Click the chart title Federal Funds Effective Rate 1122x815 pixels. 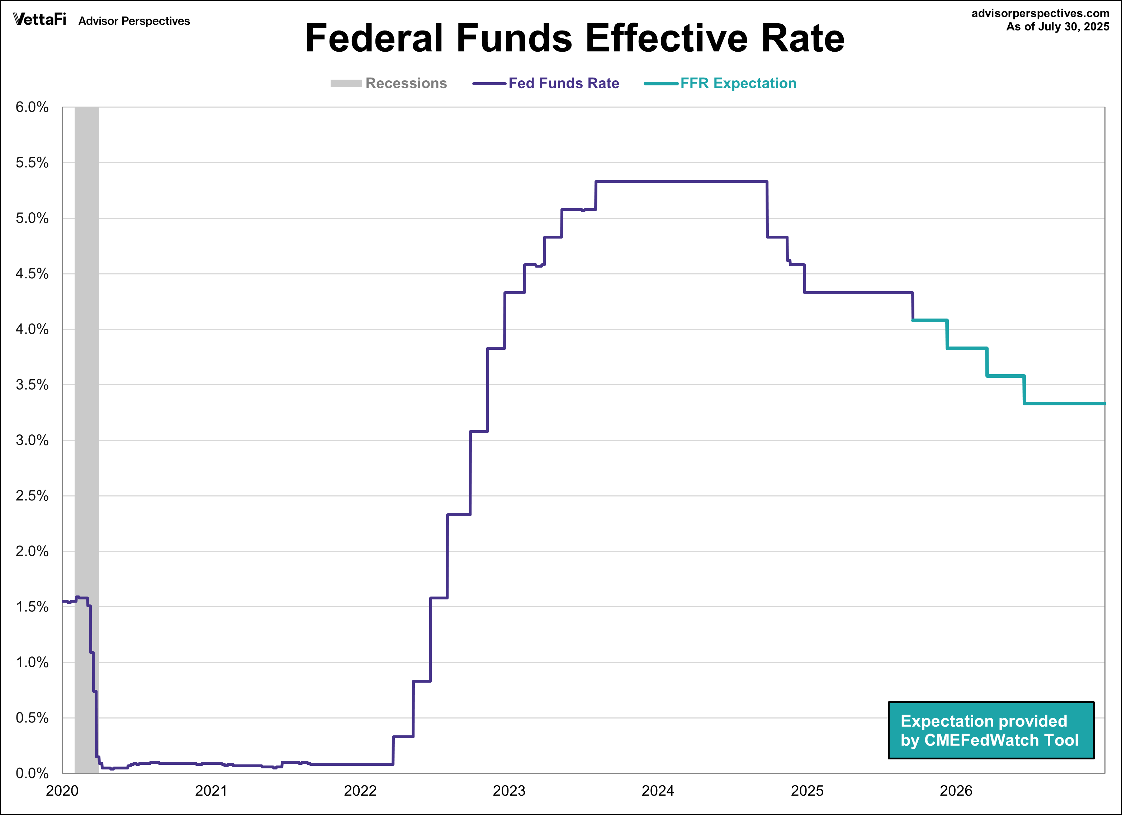click(x=574, y=39)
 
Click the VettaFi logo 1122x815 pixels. click(x=39, y=20)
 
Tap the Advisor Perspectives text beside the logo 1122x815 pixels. click(x=134, y=21)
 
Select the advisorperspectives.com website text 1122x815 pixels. click(x=1040, y=13)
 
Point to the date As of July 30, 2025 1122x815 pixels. click(x=1058, y=27)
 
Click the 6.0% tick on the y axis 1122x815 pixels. click(x=32, y=107)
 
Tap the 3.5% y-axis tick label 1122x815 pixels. click(x=32, y=385)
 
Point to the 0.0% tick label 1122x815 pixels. click(x=32, y=773)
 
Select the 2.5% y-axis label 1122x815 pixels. click(x=32, y=495)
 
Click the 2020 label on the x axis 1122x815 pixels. click(x=62, y=791)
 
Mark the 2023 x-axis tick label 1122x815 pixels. click(x=509, y=791)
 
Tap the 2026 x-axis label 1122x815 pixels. click(x=956, y=791)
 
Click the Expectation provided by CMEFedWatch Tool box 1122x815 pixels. click(x=991, y=730)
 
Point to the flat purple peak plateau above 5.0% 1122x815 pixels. click(x=681, y=182)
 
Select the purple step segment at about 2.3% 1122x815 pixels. click(x=459, y=515)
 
